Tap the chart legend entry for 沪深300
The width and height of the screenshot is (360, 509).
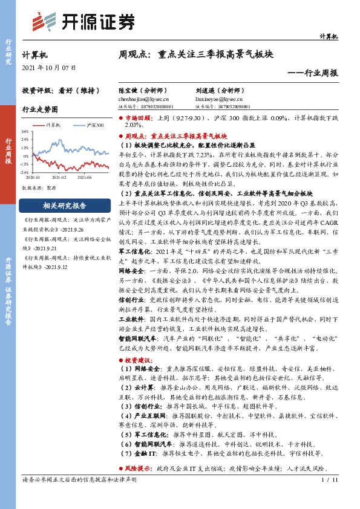click(94, 125)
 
